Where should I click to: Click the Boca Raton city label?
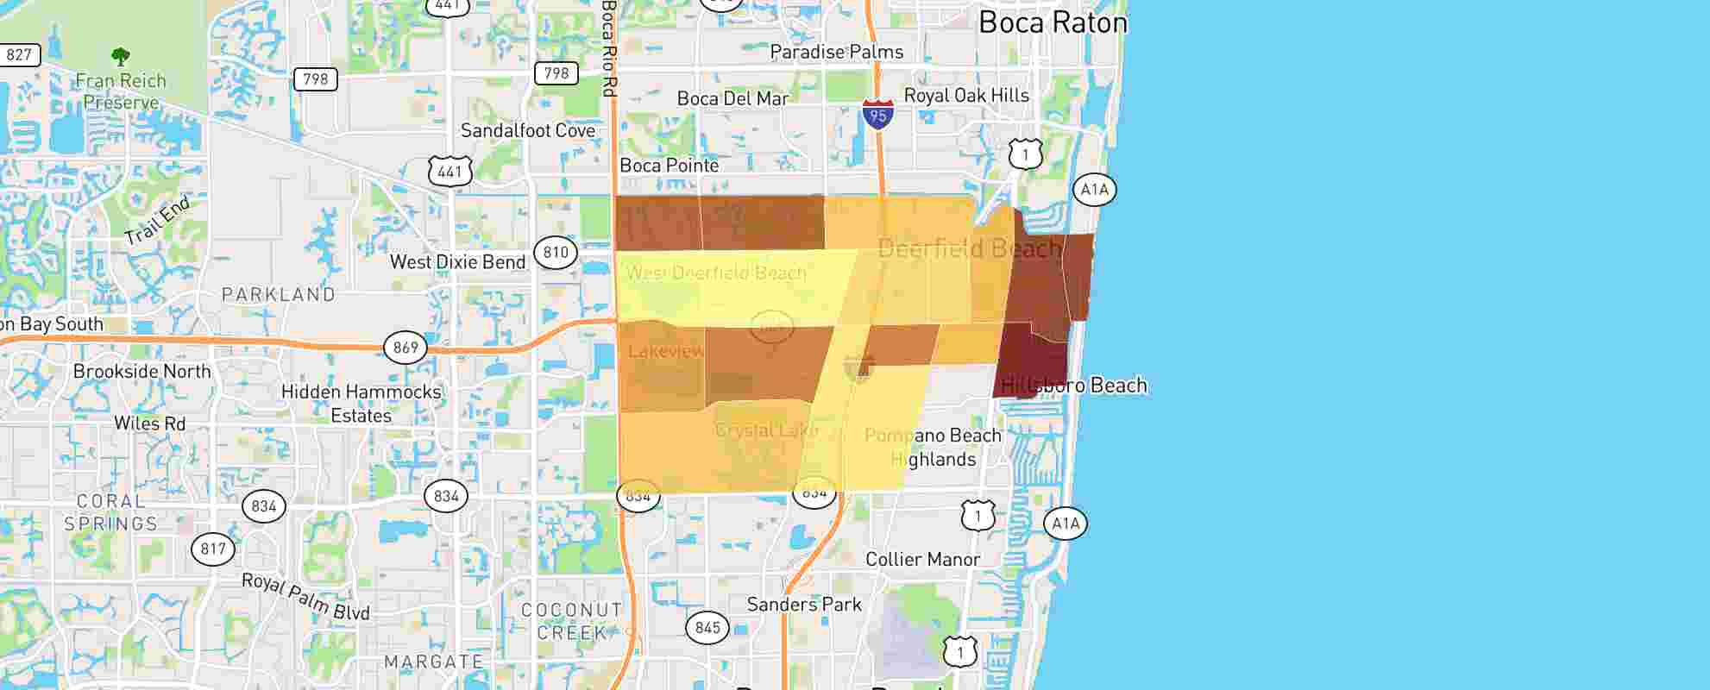1053,22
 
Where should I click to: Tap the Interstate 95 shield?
877,114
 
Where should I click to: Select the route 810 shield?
556,252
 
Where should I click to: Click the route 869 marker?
405,348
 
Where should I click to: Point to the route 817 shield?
213,549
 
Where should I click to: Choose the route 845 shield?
707,627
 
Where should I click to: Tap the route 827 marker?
18,55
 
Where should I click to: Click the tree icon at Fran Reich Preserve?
121,57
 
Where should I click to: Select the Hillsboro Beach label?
1074,386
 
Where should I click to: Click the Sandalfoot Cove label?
528,131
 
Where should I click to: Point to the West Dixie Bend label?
457,262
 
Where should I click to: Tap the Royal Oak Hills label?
966,96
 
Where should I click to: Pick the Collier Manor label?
922,560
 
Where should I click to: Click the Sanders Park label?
804,605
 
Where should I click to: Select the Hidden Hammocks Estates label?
361,404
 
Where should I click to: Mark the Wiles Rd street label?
149,423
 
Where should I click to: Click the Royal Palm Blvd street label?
305,597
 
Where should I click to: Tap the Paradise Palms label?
836,53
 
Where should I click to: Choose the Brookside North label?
141,372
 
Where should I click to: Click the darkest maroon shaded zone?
1031,358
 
